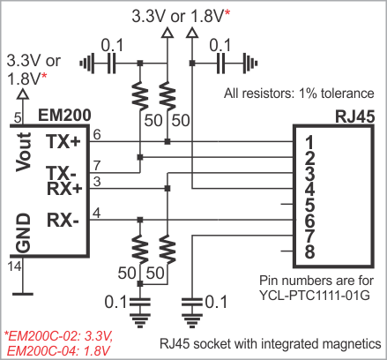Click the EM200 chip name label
click(x=64, y=115)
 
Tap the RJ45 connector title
click(x=355, y=116)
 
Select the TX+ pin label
click(x=63, y=141)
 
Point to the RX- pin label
click(x=63, y=220)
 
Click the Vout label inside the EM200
click(x=24, y=152)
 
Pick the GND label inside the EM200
click(x=24, y=233)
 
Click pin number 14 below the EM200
click(x=14, y=266)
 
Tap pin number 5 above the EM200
click(x=18, y=118)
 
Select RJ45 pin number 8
click(x=309, y=251)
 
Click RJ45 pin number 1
click(x=309, y=142)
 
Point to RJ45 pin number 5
click(x=309, y=205)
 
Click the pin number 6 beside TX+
click(x=97, y=135)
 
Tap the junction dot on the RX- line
click(x=140, y=220)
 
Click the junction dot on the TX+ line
click(x=167, y=142)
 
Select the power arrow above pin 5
click(x=23, y=94)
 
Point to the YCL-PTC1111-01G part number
click(x=315, y=295)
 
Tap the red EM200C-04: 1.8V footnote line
click(x=58, y=350)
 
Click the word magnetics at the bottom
click(x=350, y=344)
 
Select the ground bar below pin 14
click(x=23, y=294)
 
